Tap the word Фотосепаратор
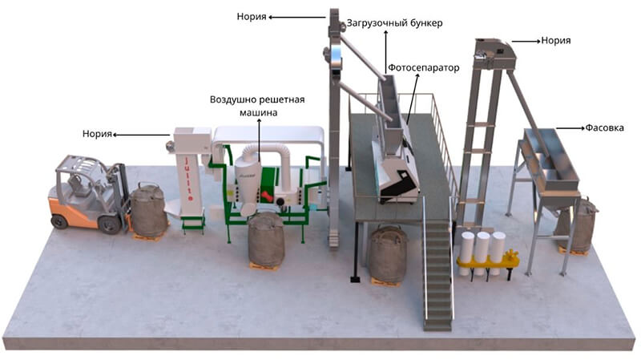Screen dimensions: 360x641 [424, 68]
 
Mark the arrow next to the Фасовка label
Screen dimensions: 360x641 [570, 127]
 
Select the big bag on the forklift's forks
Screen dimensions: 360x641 [149, 211]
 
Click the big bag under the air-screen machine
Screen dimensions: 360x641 [264, 239]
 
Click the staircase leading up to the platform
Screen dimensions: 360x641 [437, 273]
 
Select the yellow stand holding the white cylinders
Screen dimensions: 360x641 [486, 261]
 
